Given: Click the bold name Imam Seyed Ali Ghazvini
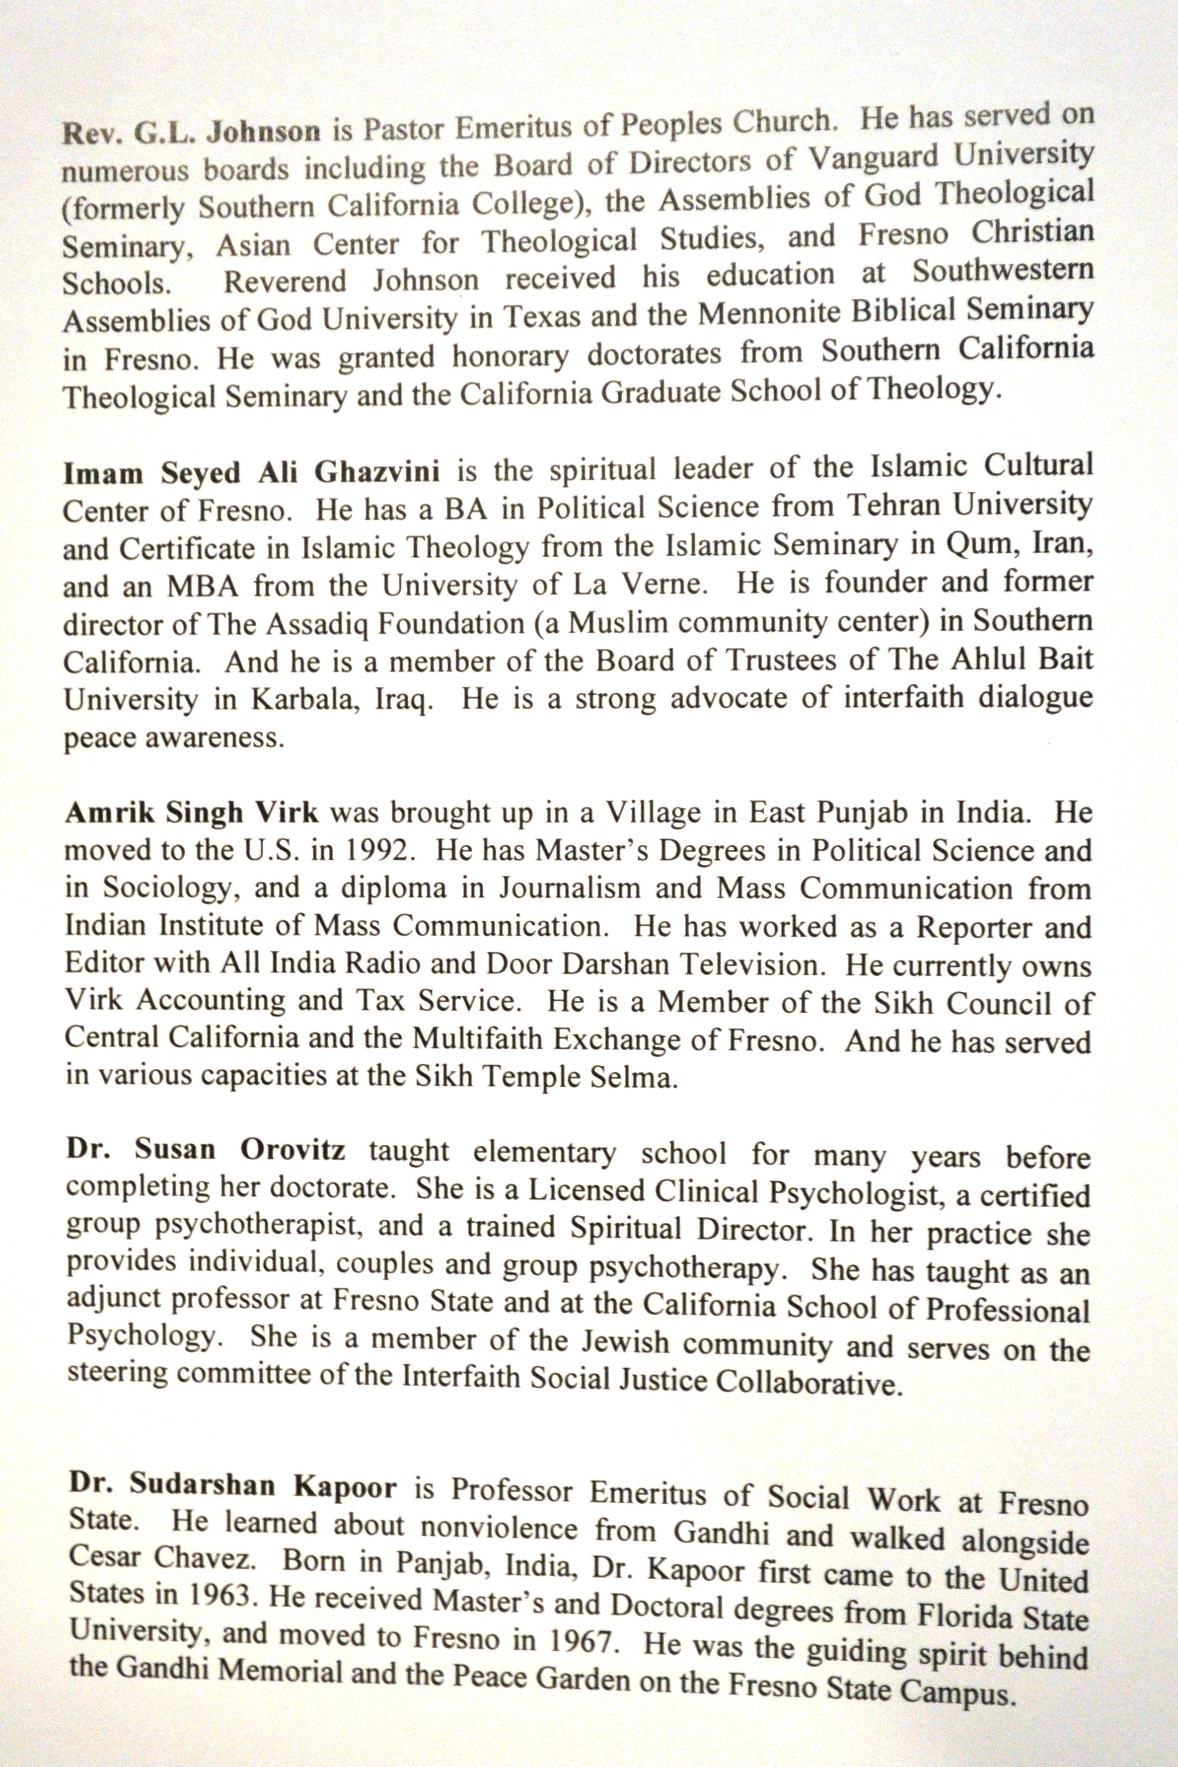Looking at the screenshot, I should [252, 473].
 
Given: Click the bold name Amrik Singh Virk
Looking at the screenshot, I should [192, 813].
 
